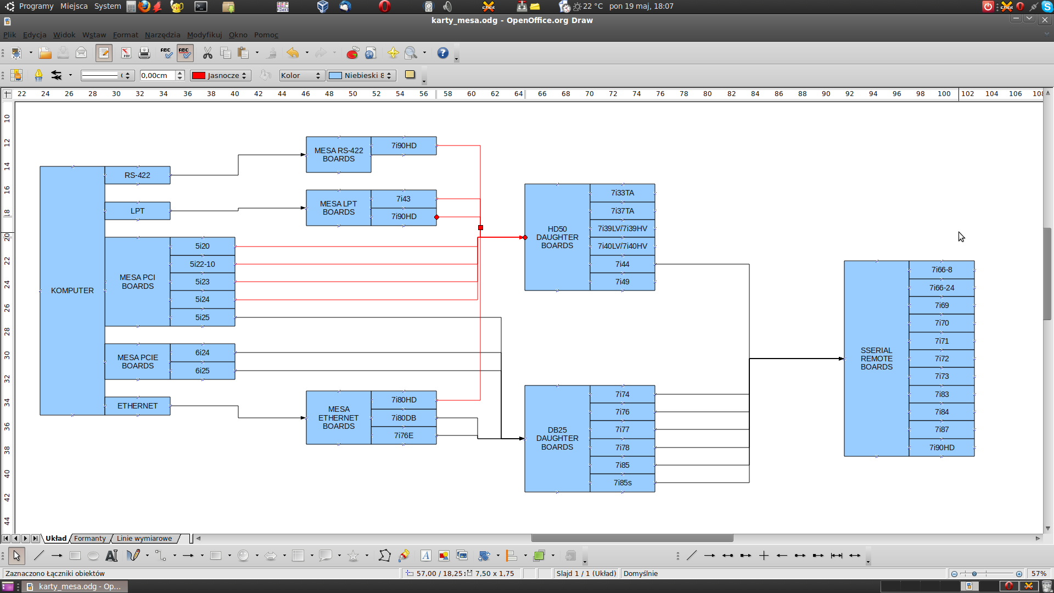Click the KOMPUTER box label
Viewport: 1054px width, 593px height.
pos(72,290)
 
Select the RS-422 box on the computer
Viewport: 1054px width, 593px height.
pos(137,175)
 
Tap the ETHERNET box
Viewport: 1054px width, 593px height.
pos(137,406)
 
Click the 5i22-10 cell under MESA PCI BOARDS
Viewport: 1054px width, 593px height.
pos(203,264)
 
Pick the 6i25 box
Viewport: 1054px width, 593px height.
pos(203,371)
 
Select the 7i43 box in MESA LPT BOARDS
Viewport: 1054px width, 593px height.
pos(403,199)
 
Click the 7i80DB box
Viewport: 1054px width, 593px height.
pos(403,418)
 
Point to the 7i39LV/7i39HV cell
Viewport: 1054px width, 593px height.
pos(623,228)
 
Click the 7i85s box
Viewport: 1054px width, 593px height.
pos(623,483)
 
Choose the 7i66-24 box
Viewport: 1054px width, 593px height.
pos(941,288)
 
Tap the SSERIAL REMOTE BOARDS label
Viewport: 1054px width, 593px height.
pos(876,359)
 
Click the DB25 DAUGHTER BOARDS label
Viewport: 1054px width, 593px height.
pos(557,438)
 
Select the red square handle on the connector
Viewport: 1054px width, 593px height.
pos(480,227)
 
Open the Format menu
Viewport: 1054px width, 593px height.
pos(125,35)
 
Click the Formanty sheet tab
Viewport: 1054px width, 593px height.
pos(90,539)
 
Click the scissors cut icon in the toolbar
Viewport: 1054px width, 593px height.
pos(208,53)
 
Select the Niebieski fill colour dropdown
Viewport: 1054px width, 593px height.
pos(361,75)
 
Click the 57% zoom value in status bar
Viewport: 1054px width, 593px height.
pos(1039,573)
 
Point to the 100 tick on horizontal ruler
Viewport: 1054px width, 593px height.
pos(944,94)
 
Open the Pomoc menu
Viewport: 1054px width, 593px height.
pos(266,35)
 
